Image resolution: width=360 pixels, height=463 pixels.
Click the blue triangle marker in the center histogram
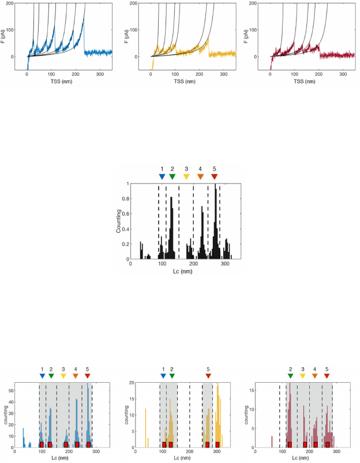click(x=162, y=177)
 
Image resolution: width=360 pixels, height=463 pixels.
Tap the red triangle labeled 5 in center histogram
click(x=215, y=177)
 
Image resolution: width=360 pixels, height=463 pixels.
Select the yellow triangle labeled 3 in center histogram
click(x=186, y=177)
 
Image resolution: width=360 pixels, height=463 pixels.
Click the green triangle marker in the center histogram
click(x=172, y=177)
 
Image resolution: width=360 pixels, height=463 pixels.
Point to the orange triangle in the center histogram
click(x=200, y=177)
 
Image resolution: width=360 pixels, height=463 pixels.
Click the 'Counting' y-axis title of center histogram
click(x=119, y=221)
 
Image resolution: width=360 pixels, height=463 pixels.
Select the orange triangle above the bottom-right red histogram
click(x=314, y=376)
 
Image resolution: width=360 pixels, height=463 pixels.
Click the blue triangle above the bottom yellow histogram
click(x=163, y=376)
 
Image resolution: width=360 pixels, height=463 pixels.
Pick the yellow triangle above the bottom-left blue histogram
click(x=63, y=376)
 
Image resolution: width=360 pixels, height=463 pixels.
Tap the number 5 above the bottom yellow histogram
click(x=208, y=368)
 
